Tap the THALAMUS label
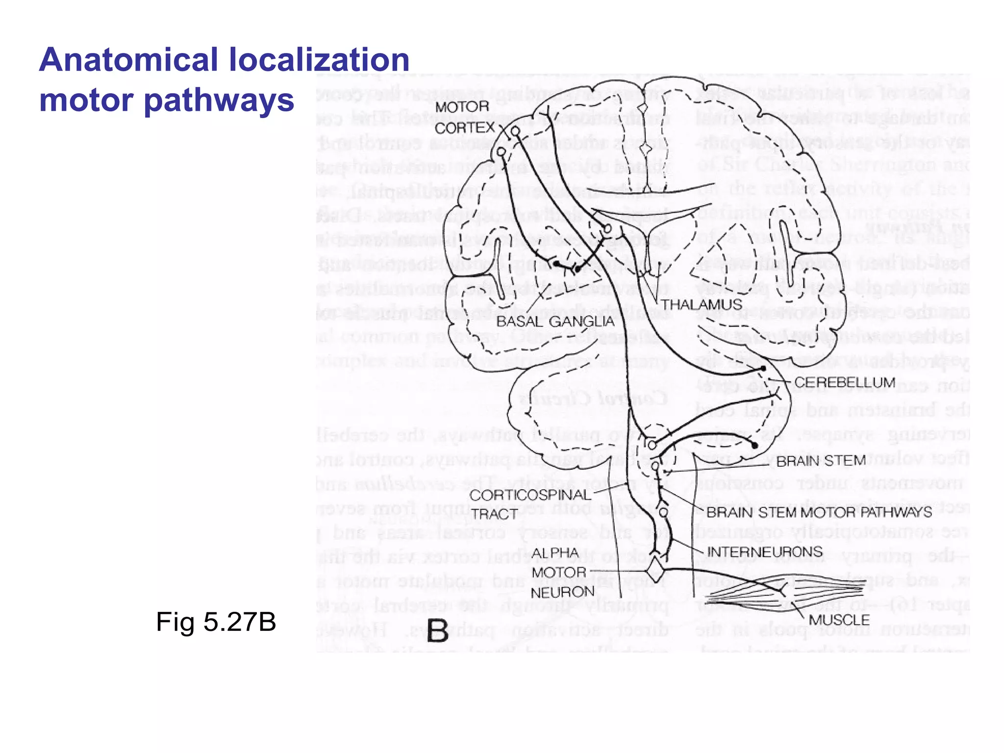[x=702, y=304]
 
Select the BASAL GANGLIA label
[x=555, y=322]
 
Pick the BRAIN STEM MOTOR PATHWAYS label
[x=819, y=513]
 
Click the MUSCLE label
[x=839, y=620]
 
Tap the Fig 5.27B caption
[x=216, y=622]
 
